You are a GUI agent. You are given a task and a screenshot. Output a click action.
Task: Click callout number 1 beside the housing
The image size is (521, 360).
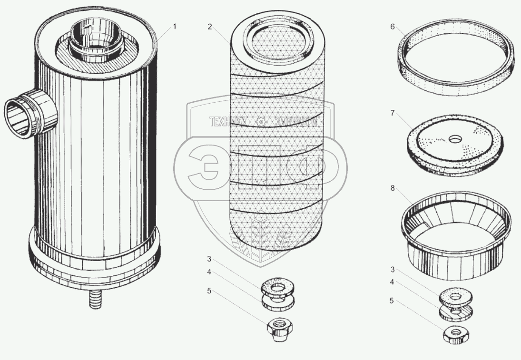point(174,27)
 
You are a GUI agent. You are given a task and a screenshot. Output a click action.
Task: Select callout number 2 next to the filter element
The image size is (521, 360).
point(209,27)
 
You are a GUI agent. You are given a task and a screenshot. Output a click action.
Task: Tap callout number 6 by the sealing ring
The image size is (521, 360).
point(393,27)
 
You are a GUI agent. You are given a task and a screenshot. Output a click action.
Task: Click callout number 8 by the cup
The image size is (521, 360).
point(393,189)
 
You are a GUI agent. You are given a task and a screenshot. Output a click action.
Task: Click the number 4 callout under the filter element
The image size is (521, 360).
point(209,272)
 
